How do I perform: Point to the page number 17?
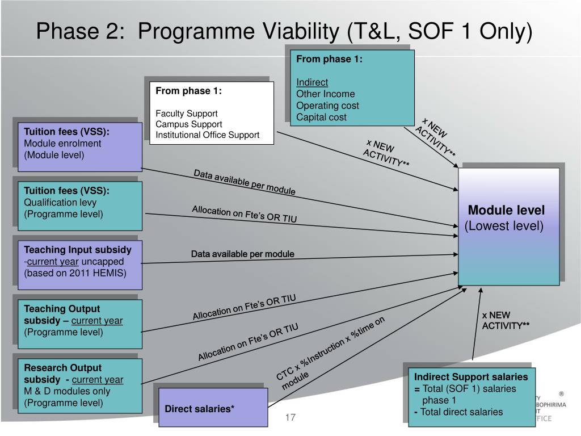tap(290, 418)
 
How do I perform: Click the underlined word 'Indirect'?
tap(312, 82)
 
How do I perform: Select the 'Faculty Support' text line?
tap(187, 113)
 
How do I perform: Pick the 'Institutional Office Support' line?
tap(208, 135)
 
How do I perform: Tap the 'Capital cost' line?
tap(321, 117)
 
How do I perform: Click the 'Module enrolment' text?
tap(62, 143)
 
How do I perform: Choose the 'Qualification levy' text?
tap(60, 202)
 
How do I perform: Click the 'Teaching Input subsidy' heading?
tap(78, 250)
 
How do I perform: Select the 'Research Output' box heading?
tap(63, 368)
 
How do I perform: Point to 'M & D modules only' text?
tap(67, 391)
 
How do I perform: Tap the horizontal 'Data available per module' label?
tap(242, 254)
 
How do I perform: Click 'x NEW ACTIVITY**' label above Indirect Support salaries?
tap(505, 320)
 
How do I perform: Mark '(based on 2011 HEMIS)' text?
tap(75, 273)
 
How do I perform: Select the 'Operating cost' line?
tap(327, 106)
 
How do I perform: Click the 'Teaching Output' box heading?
tap(62, 309)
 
